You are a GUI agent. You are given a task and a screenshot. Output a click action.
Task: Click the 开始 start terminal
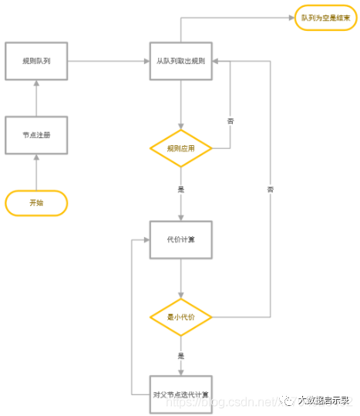36,203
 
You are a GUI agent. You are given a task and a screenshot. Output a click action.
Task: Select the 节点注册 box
36,135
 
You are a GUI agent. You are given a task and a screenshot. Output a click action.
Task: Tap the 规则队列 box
36,60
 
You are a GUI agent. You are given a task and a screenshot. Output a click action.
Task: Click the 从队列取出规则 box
180,60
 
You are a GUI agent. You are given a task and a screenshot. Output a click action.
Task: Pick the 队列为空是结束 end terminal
326,18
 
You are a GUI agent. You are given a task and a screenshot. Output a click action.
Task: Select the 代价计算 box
180,239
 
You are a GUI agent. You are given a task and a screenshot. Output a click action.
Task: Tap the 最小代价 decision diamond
180,316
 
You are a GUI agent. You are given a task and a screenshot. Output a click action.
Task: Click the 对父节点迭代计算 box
180,394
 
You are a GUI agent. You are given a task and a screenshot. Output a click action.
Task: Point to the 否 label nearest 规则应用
230,121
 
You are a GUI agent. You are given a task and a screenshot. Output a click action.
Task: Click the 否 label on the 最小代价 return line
270,189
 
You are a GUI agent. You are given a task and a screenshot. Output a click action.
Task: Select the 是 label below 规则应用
180,188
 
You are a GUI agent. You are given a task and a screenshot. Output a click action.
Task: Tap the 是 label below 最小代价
180,356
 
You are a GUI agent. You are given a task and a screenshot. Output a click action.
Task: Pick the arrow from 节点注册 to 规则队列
36,96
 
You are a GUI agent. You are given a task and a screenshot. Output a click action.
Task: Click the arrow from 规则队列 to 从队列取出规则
108,60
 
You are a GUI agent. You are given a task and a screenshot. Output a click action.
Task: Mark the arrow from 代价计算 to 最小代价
180,278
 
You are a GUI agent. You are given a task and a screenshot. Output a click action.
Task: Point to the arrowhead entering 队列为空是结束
291,18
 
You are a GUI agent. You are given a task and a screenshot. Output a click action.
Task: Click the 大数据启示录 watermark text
324,400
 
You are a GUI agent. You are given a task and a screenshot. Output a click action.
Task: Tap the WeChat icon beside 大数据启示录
288,400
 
